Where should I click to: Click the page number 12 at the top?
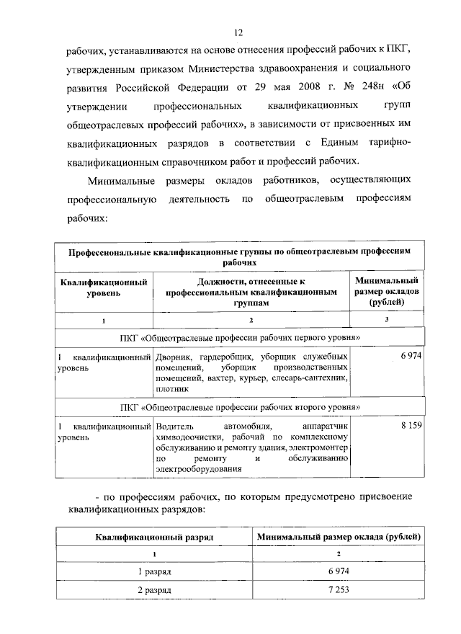click(x=239, y=32)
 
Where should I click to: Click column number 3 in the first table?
click(x=387, y=319)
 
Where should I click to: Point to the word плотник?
click(x=172, y=388)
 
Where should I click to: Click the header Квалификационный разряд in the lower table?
click(x=154, y=537)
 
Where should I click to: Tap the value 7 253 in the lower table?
click(x=339, y=589)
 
